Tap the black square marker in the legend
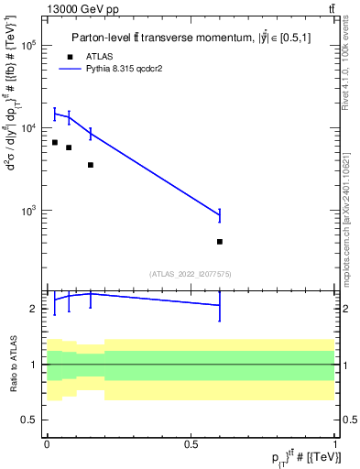pos(70,56)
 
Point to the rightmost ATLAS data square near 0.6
pos(220,242)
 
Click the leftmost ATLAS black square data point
pos(55,142)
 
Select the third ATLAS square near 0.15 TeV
pos(90,165)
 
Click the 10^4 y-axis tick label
pos(27,128)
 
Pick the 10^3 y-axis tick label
pos(27,211)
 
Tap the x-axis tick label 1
pos(334,444)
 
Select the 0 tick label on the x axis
pos(47,444)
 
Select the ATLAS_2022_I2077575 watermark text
pos(190,273)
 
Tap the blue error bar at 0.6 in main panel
pos(220,215)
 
